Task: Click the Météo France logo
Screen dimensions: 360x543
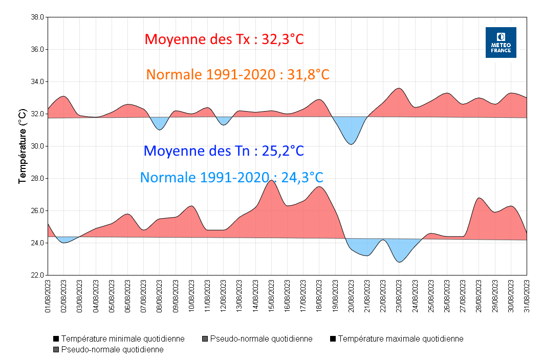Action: tap(501, 43)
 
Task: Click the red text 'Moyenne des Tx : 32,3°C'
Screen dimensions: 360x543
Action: tap(224, 39)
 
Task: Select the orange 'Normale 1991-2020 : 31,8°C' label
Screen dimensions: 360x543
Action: tap(237, 74)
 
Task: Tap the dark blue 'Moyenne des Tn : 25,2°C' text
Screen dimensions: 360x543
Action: tap(224, 151)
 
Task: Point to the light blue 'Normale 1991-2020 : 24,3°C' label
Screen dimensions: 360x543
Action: tap(231, 178)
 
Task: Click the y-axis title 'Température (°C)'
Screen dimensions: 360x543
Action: tap(22, 146)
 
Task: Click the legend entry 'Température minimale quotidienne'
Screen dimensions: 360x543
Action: tap(122, 339)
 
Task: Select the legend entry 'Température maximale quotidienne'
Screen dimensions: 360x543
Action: tap(400, 339)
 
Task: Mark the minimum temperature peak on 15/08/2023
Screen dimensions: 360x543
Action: tap(271, 180)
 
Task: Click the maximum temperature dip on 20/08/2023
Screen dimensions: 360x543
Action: tap(351, 144)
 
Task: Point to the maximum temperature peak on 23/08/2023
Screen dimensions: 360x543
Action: tap(399, 88)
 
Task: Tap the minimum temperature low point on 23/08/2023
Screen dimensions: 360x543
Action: tap(400, 262)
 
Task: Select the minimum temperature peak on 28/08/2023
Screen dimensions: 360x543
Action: tap(479, 198)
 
